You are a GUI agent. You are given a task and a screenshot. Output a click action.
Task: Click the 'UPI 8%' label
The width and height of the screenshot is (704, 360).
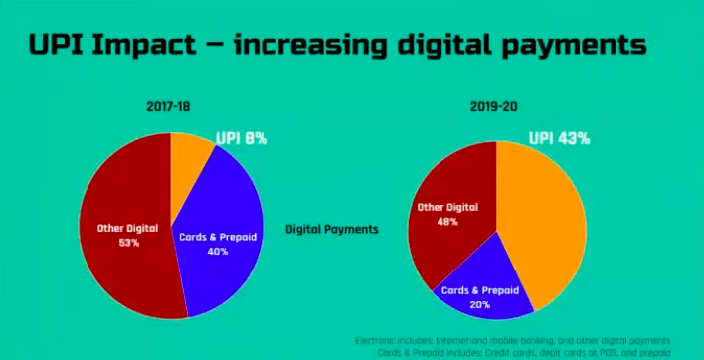(x=242, y=140)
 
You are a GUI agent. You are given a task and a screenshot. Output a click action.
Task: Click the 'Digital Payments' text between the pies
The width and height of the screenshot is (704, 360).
(x=332, y=229)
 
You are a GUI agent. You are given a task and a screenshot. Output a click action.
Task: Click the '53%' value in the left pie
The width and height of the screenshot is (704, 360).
(x=126, y=243)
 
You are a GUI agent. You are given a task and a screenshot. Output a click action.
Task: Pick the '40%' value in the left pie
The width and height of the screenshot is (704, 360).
(x=217, y=252)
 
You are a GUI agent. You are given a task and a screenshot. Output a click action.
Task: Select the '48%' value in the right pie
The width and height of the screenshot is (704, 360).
(x=446, y=221)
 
